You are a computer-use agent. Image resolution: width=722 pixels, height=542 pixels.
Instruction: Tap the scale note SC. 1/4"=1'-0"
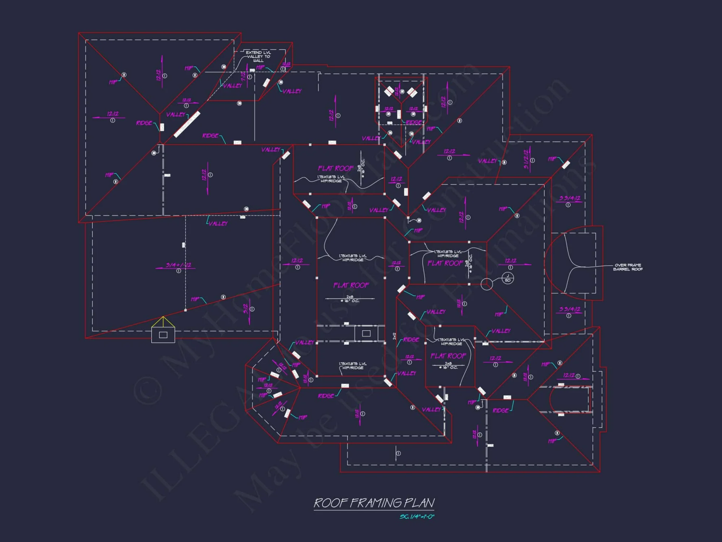click(417, 517)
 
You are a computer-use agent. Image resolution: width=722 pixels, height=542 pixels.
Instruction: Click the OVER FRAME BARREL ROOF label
click(628, 267)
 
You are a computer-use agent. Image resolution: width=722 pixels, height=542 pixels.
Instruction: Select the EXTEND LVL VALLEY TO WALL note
click(258, 56)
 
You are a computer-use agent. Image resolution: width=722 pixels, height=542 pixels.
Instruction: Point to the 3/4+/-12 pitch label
click(178, 265)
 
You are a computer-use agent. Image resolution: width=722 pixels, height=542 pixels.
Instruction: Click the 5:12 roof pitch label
click(246, 309)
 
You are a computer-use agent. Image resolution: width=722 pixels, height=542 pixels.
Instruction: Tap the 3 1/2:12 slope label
click(527, 159)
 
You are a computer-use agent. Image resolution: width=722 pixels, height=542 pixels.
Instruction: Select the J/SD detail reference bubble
click(508, 278)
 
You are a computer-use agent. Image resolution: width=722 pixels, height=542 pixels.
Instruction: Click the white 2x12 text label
click(394, 336)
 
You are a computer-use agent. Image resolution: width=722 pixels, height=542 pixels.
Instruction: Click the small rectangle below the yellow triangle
click(163, 335)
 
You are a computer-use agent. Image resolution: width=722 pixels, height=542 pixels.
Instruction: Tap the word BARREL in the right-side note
click(621, 269)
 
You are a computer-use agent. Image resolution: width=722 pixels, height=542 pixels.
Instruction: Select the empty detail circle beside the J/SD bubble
click(487, 284)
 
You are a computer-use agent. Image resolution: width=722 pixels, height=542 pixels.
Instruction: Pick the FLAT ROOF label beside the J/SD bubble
click(445, 263)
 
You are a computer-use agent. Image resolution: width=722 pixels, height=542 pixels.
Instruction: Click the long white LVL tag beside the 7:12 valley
click(187, 125)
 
